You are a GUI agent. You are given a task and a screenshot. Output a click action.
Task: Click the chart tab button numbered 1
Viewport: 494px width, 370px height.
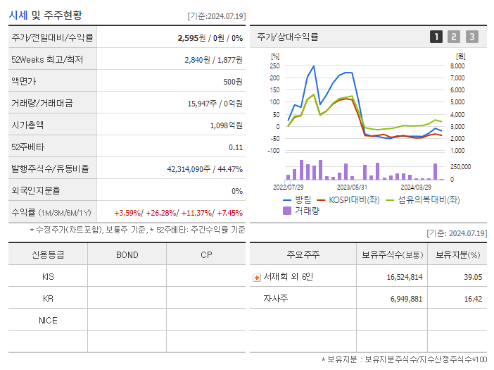[x=436, y=37]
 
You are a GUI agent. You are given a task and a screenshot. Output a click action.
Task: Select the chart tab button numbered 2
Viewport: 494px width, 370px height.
[x=454, y=37]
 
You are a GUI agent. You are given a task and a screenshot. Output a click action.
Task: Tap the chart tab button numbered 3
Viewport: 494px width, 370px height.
[x=471, y=37]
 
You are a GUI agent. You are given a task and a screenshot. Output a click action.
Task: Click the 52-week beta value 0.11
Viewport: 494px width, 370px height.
[x=236, y=147]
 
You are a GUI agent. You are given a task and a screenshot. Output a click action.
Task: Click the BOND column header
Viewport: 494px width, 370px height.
[x=127, y=254]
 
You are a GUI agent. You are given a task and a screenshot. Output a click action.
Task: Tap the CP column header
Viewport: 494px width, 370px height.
[x=206, y=254]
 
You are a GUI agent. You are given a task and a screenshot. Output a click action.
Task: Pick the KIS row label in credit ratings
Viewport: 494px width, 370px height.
[x=48, y=277]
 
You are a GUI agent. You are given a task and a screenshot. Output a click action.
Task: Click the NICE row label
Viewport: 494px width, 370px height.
[x=48, y=321]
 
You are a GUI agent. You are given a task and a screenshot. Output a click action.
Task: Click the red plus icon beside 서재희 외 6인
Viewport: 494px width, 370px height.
[x=257, y=278]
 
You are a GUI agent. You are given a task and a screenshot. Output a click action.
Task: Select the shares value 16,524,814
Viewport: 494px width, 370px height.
[x=405, y=278]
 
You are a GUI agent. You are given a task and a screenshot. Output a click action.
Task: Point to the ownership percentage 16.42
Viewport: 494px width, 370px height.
[x=473, y=299]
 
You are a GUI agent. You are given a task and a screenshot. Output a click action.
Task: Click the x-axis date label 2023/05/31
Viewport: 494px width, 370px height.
[x=353, y=187]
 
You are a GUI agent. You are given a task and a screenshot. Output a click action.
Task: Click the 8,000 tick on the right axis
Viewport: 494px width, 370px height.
[x=457, y=66]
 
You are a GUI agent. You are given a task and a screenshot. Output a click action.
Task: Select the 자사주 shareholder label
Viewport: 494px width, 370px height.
[x=276, y=299]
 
